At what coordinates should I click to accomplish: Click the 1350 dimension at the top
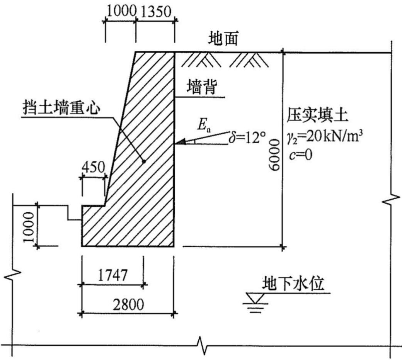(x=156, y=12)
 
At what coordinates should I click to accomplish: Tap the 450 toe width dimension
(x=93, y=167)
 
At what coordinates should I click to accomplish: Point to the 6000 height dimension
(x=274, y=155)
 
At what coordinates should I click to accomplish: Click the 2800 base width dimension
(x=128, y=304)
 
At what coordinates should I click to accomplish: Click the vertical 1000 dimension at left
(x=29, y=227)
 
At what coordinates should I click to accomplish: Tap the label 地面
(x=223, y=39)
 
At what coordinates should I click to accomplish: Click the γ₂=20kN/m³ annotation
(x=325, y=138)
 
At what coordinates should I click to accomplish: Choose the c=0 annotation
(x=300, y=155)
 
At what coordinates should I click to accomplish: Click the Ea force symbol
(x=204, y=125)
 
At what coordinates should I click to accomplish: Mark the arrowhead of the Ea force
(x=179, y=142)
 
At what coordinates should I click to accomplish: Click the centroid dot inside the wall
(x=144, y=161)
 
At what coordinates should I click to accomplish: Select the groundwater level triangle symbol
(x=255, y=298)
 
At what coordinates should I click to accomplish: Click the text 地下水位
(x=293, y=283)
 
